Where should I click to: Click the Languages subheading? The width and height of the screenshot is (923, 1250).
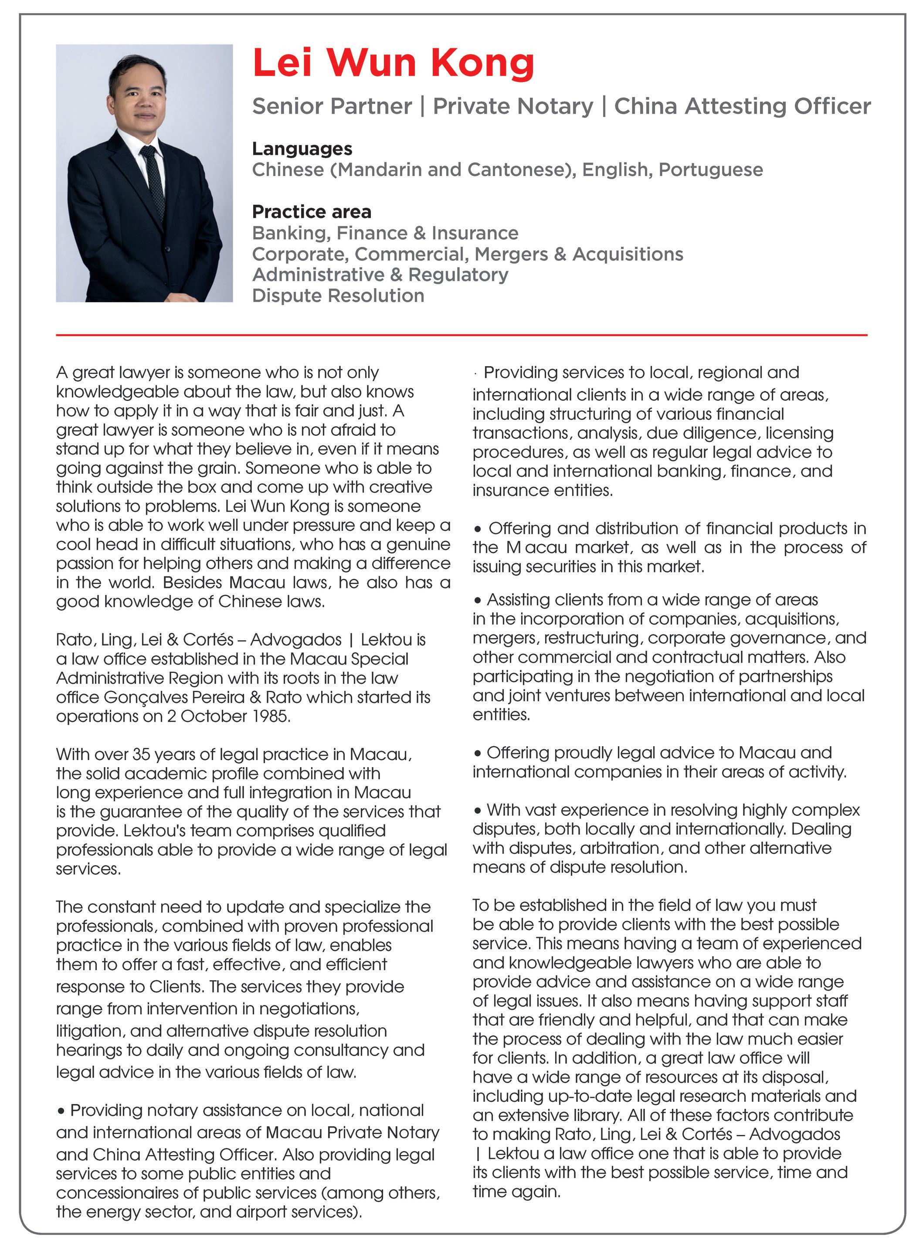302,149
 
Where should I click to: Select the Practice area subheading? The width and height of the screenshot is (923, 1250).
311,212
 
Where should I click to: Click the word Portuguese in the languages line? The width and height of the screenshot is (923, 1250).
711,170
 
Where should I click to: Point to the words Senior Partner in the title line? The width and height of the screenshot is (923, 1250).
332,106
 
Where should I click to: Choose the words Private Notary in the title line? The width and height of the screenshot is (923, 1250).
513,106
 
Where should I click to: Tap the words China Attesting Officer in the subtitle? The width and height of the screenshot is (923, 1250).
742,106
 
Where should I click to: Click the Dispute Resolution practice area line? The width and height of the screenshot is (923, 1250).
338,296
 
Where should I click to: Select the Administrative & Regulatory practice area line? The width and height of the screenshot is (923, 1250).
380,275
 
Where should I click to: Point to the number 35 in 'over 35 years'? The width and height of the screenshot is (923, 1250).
141,754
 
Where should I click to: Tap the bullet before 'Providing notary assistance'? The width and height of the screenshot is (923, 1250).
61,1111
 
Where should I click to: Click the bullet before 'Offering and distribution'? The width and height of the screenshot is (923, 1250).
477,529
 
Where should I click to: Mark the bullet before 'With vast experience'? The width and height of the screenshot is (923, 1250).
477,810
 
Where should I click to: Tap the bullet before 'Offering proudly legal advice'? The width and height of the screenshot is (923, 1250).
477,753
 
